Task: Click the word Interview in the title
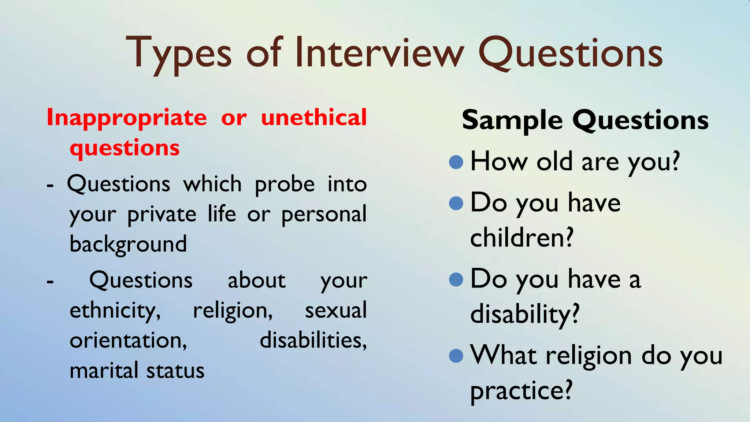[x=379, y=53]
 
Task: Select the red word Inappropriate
[x=127, y=118]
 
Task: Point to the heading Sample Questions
[x=585, y=120]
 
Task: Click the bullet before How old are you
[x=456, y=162]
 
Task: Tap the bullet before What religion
[x=456, y=355]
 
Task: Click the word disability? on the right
[x=524, y=314]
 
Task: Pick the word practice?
[x=521, y=391]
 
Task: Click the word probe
[x=285, y=184]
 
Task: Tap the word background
[x=128, y=244]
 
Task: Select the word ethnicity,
[x=115, y=311]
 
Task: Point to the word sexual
[x=335, y=310]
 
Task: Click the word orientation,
[x=128, y=340]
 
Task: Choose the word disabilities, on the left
[x=313, y=340]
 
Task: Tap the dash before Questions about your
[x=50, y=281]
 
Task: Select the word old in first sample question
[x=554, y=162]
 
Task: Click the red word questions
[x=125, y=148]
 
